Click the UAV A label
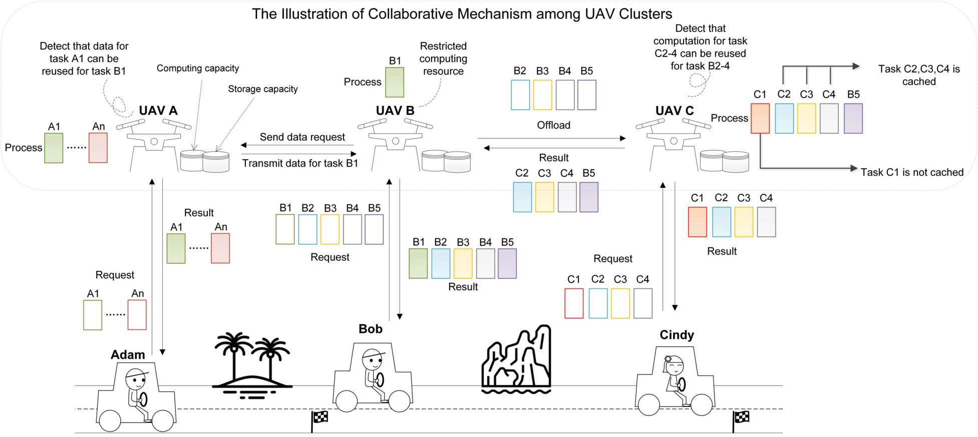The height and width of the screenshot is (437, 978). (x=158, y=111)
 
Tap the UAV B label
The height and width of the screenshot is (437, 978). (x=395, y=111)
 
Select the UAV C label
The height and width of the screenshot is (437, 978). (x=675, y=111)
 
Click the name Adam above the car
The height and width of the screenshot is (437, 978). (x=128, y=354)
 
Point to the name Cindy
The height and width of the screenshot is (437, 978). (x=677, y=335)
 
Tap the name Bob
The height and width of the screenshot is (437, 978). (x=371, y=329)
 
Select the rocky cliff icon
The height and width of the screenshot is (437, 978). (x=516, y=359)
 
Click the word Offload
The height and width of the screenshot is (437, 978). (x=553, y=125)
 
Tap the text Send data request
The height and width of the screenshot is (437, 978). (x=302, y=137)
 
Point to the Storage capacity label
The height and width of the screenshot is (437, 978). (x=263, y=89)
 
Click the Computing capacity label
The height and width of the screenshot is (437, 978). (x=198, y=69)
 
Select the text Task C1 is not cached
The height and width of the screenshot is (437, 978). (x=912, y=172)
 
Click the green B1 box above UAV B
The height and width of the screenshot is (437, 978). (x=395, y=82)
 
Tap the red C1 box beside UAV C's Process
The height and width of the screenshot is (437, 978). (x=760, y=118)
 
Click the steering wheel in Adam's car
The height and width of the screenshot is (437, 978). (x=144, y=399)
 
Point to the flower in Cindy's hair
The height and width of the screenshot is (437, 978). (x=667, y=359)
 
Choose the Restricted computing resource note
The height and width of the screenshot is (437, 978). (x=443, y=59)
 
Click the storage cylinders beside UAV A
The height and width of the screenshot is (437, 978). (x=205, y=161)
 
